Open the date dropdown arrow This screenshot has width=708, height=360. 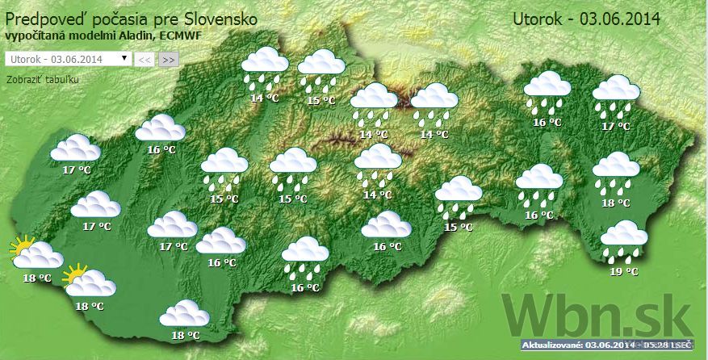pos(124,58)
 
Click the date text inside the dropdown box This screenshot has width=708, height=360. pos(57,59)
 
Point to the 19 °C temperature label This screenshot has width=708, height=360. pos(624,272)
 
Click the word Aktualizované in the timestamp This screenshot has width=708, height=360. pos(553,345)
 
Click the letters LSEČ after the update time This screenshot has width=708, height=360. pos(682,345)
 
